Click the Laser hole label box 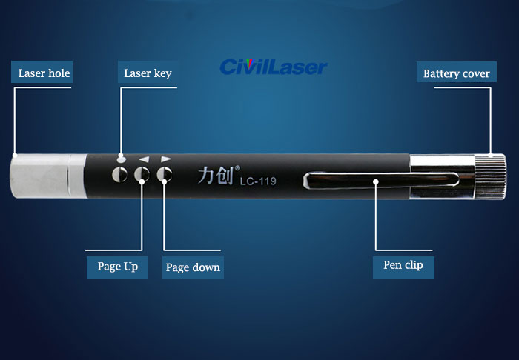click(x=42, y=72)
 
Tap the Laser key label click(x=148, y=72)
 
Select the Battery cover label click(x=457, y=72)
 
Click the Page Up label click(x=117, y=267)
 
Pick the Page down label click(x=193, y=267)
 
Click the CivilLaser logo click(x=274, y=67)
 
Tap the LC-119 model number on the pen click(x=258, y=181)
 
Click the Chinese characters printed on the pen click(x=215, y=175)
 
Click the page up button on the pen click(x=142, y=174)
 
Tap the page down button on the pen click(x=165, y=174)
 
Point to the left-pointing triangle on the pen click(x=145, y=159)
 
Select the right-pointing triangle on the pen click(x=166, y=159)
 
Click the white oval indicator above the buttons click(x=122, y=160)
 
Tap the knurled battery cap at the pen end click(x=490, y=176)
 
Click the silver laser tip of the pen click(x=48, y=176)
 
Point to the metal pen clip click(x=381, y=181)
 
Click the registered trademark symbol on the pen click(x=237, y=168)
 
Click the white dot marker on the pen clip click(x=376, y=181)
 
